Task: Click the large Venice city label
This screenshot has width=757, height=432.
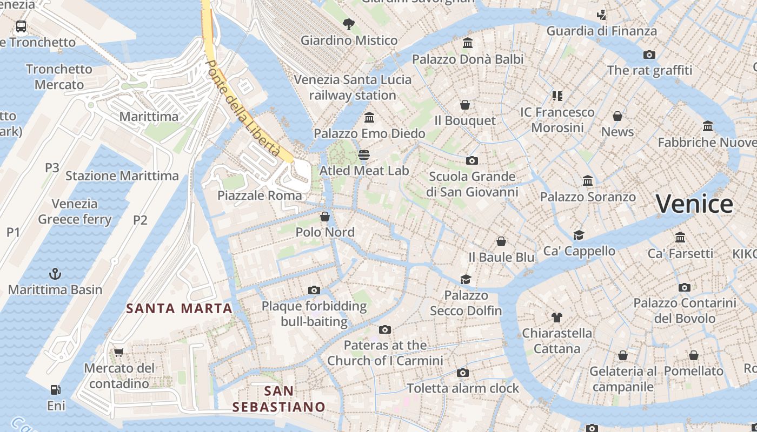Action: point(694,204)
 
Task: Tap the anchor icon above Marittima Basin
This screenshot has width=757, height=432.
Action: point(55,274)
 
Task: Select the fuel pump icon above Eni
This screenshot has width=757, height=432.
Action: point(55,389)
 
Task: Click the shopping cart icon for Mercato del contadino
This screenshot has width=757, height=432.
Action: point(118,352)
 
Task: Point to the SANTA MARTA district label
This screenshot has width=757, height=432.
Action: point(179,308)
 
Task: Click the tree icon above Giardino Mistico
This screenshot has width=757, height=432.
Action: point(349,24)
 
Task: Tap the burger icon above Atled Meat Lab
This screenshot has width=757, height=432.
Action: point(364,155)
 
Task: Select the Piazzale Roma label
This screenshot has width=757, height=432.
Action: point(260,195)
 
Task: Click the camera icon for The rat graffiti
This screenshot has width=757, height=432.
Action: point(649,55)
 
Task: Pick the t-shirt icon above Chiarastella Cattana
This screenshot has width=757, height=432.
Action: point(557,317)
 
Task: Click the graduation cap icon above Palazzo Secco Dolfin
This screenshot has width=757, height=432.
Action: point(466,279)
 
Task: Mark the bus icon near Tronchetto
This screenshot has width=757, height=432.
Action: point(21,26)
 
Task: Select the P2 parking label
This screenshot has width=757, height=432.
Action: point(140,220)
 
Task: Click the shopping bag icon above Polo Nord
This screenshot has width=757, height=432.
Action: point(325,217)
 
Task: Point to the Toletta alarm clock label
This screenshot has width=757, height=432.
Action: point(463,388)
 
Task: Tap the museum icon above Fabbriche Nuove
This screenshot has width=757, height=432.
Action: point(708,126)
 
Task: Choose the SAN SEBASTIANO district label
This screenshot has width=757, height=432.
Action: point(278,399)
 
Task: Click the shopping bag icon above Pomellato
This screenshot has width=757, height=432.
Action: point(694,355)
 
